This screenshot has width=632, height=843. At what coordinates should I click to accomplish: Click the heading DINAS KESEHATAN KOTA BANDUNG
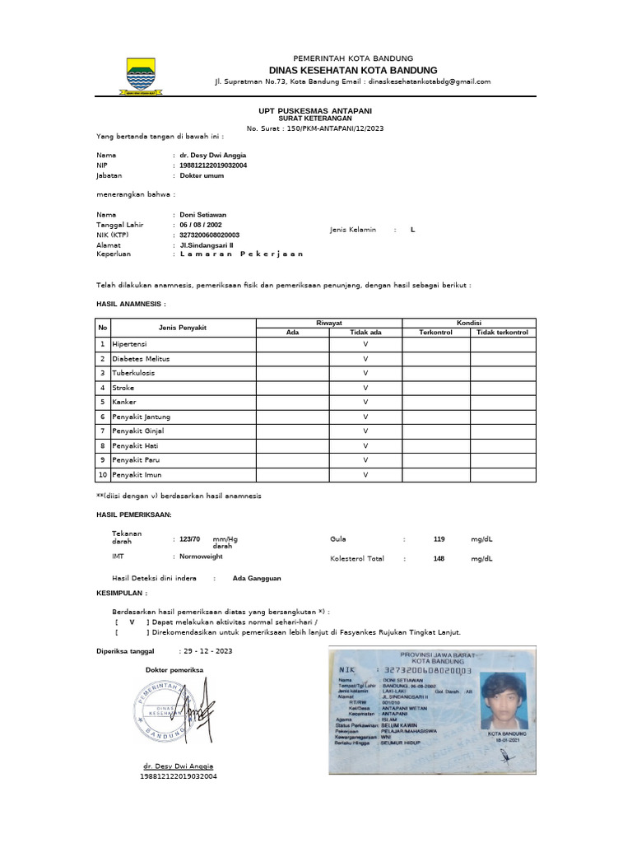tap(352, 70)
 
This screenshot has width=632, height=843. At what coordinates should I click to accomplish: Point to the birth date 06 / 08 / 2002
tap(200, 225)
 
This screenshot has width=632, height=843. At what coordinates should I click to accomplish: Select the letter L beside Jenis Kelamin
tap(413, 230)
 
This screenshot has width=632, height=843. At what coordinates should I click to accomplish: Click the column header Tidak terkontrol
tap(502, 332)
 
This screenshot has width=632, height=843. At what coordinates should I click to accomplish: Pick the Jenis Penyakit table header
tap(183, 328)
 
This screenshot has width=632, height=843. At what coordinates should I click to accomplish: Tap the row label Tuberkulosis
tap(133, 372)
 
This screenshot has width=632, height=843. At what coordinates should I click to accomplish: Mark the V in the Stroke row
tap(365, 387)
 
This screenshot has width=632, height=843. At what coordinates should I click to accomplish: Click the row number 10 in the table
tap(103, 475)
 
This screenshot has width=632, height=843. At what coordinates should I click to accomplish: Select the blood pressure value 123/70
tap(190, 538)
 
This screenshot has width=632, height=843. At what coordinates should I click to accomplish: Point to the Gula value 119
tap(439, 538)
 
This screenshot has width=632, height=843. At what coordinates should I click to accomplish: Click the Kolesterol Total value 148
tap(439, 558)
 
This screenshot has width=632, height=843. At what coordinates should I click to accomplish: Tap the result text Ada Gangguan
tap(257, 578)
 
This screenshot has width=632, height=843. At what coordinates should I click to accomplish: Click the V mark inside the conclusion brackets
tap(132, 622)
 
